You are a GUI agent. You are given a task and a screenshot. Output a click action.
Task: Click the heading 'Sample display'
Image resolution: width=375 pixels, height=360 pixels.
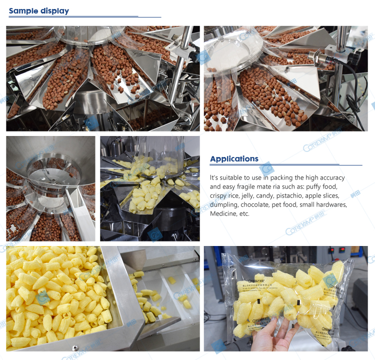pyautogui.click(x=39, y=10)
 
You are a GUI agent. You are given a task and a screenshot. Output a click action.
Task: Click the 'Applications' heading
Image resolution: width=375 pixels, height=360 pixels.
pyautogui.click(x=234, y=159)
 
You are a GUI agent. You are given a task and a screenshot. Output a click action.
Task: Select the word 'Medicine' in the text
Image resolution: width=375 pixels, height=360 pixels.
pyautogui.click(x=223, y=213)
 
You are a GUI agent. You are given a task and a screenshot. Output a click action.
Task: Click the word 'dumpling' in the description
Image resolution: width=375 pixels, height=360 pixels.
pyautogui.click(x=223, y=204)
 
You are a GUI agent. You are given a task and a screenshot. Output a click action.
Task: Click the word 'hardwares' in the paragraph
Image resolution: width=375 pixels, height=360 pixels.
pyautogui.click(x=329, y=204)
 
